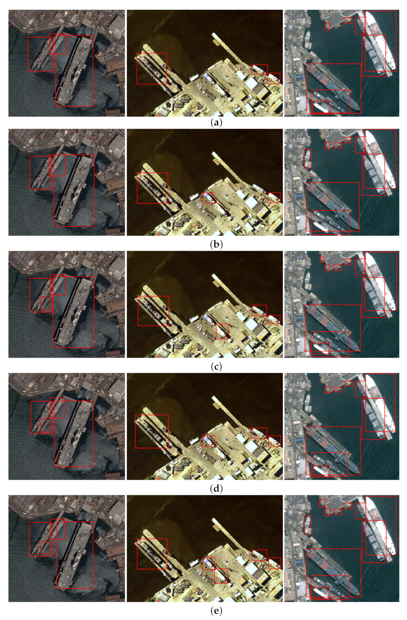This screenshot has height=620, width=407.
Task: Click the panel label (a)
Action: (216, 123)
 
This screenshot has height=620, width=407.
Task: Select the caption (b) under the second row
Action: (216, 244)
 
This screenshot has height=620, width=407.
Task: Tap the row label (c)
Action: (216, 366)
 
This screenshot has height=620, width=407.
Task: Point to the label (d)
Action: (216, 489)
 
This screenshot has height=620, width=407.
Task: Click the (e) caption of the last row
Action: (216, 611)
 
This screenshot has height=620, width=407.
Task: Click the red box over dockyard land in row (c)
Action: (222, 331)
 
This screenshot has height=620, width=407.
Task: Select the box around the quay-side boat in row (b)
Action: (308, 159)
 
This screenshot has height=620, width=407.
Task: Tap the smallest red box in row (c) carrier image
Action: (45, 303)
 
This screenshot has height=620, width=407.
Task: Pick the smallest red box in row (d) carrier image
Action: (45, 425)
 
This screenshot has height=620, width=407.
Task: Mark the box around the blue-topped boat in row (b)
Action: (209, 198)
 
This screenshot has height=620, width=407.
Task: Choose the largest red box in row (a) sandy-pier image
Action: (152, 68)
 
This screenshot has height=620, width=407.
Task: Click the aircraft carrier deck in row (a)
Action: (74, 70)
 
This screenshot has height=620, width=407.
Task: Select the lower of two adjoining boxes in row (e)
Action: (221, 575)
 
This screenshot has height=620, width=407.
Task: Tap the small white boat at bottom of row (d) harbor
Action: (321, 471)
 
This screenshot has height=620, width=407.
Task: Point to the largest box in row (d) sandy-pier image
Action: (152, 431)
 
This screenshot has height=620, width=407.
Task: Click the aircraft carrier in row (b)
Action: (74, 190)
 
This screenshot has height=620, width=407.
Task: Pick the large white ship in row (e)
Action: (381, 526)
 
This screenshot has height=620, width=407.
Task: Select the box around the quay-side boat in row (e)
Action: (308, 525)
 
